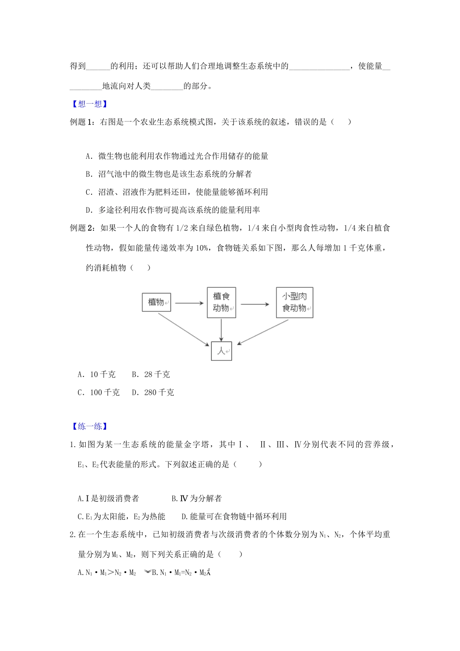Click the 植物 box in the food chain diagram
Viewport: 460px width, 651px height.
(x=156, y=302)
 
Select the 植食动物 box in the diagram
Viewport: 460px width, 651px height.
(x=221, y=302)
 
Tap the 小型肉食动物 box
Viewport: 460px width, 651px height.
(x=294, y=302)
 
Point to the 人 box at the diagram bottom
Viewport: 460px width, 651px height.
(x=221, y=351)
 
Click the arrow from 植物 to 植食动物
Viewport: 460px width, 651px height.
(x=189, y=303)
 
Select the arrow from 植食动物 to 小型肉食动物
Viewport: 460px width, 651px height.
(x=255, y=304)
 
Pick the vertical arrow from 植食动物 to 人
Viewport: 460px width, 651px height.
(x=221, y=329)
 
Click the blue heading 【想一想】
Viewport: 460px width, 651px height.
(x=89, y=104)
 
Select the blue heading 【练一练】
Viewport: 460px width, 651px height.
(x=89, y=426)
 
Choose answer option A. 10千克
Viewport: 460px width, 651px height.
(x=97, y=374)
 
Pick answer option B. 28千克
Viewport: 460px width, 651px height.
(x=151, y=374)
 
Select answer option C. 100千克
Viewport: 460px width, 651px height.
(x=99, y=392)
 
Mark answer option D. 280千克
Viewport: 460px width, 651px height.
(x=153, y=392)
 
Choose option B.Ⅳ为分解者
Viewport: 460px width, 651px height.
(x=197, y=498)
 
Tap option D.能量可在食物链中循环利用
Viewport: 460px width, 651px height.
(x=234, y=516)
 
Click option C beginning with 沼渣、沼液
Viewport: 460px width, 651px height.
(x=177, y=192)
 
